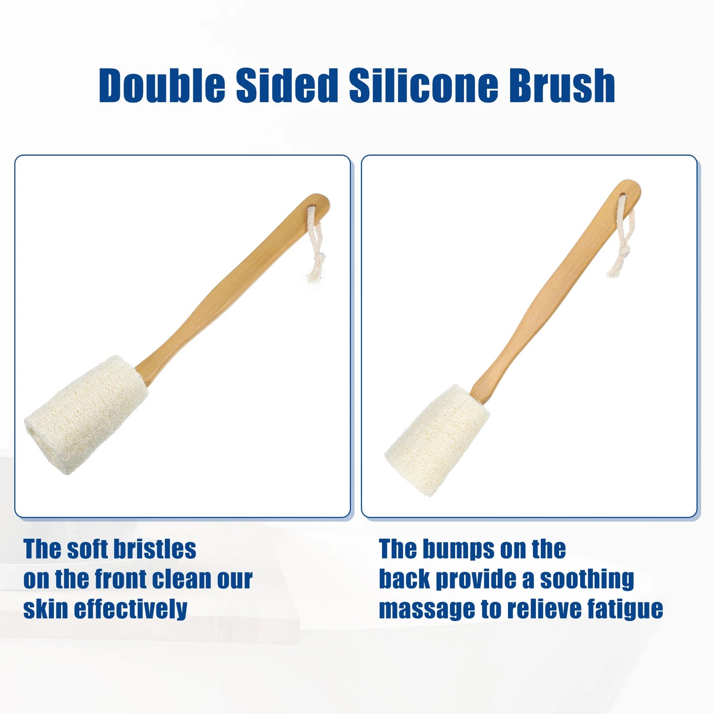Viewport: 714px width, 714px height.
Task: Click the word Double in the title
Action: point(162,85)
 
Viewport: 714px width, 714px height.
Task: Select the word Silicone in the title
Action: point(423,85)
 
